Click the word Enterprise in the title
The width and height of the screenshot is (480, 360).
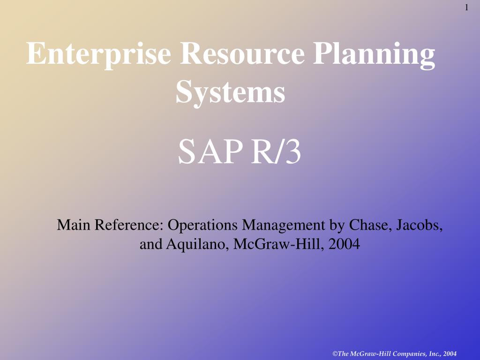click(x=98, y=54)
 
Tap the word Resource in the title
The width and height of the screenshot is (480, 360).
click(x=242, y=53)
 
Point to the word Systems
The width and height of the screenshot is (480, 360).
click(x=230, y=92)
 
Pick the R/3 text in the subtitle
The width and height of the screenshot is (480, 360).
click(x=276, y=151)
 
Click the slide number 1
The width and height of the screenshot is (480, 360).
click(x=467, y=7)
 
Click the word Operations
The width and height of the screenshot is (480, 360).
click(x=202, y=225)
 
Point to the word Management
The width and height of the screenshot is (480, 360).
click(x=284, y=226)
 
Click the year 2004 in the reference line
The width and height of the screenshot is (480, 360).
click(x=344, y=244)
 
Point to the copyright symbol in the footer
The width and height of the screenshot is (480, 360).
click(x=335, y=353)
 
